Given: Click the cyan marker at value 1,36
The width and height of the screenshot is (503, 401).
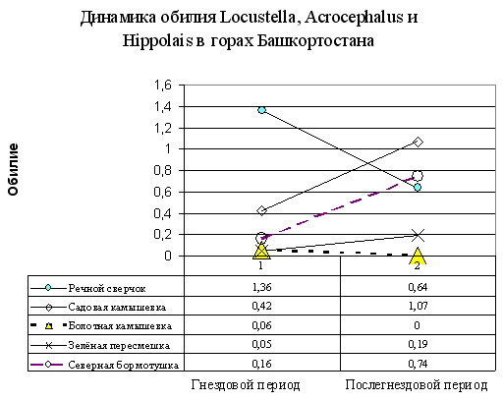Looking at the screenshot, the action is (x=261, y=110).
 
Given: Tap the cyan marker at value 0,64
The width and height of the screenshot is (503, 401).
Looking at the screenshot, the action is (x=418, y=188).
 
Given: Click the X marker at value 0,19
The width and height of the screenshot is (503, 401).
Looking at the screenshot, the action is (x=418, y=235).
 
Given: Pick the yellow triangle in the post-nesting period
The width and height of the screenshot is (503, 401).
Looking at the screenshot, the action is (x=418, y=256).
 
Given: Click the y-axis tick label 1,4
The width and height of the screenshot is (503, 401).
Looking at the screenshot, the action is (x=163, y=107).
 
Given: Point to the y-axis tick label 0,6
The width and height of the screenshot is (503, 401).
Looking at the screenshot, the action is (x=163, y=192).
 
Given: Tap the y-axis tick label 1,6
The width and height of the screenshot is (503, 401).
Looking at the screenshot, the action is (x=163, y=86).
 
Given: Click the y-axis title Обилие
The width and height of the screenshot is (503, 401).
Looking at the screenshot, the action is (x=13, y=170).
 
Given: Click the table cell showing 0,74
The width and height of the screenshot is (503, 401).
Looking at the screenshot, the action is (x=418, y=364).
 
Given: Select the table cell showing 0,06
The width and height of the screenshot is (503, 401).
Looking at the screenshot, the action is (x=261, y=325).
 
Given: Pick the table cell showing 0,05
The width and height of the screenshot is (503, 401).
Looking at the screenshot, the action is (x=261, y=344).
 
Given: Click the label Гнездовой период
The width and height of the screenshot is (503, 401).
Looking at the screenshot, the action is (x=246, y=385).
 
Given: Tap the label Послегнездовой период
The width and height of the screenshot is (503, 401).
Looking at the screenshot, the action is (x=417, y=385).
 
